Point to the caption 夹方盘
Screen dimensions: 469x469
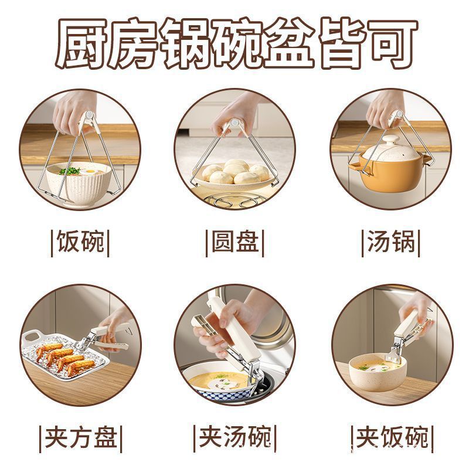tap(80, 437)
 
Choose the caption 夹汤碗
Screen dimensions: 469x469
tap(235, 437)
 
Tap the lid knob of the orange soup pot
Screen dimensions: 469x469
tap(387, 141)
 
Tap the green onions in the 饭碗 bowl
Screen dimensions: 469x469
tap(70, 171)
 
